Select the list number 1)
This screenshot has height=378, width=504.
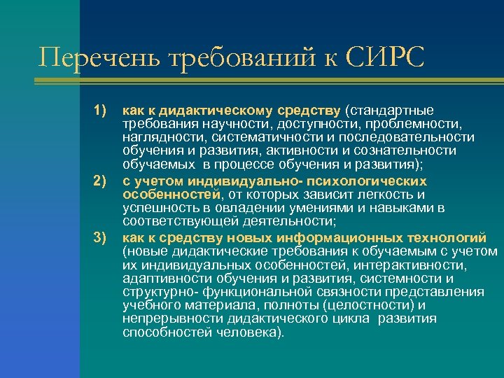point(99,111)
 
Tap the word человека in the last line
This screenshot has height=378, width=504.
point(248,332)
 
